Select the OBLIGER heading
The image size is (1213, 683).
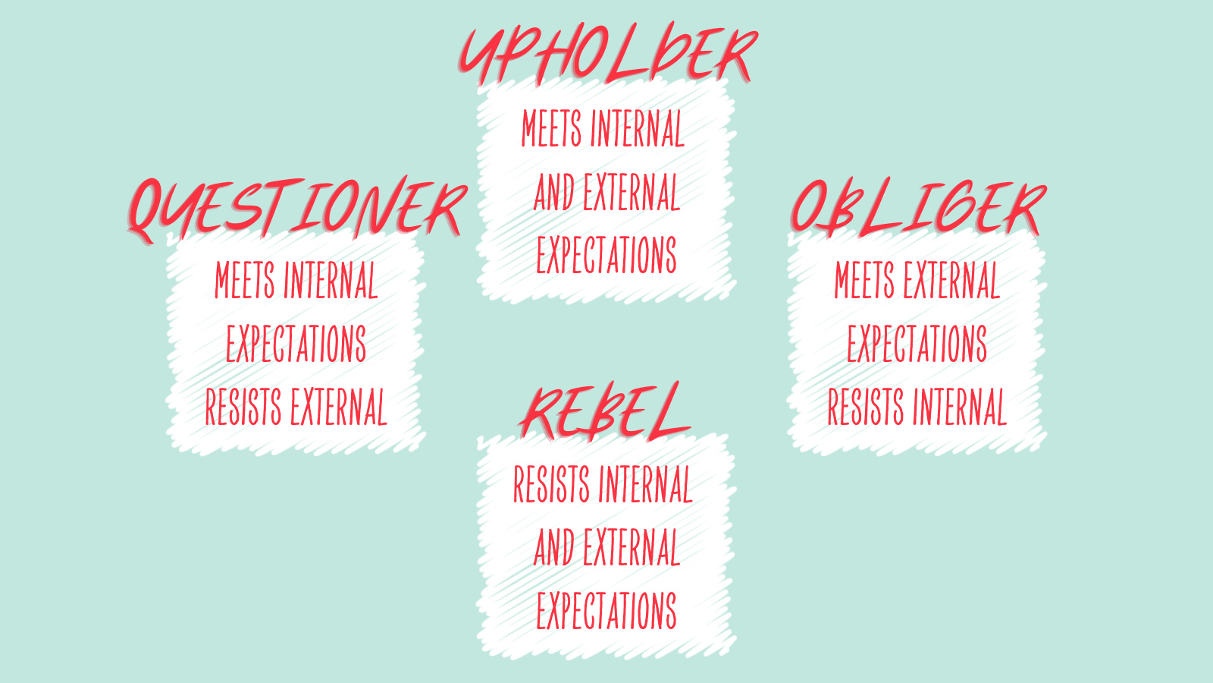917,207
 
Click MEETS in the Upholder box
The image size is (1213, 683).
551,129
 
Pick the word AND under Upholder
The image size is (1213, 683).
554,193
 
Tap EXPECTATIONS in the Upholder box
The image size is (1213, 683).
606,256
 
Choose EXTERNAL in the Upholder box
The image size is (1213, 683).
632,193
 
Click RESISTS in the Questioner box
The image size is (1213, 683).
243,408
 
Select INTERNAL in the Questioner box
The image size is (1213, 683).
331,282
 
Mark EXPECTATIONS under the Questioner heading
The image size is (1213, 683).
296,345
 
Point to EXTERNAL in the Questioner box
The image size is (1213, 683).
339,408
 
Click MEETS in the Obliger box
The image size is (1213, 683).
864,282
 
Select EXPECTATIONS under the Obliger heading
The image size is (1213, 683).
917,345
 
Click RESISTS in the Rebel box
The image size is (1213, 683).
551,485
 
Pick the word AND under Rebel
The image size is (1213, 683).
554,549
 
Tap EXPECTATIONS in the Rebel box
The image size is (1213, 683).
606,612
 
